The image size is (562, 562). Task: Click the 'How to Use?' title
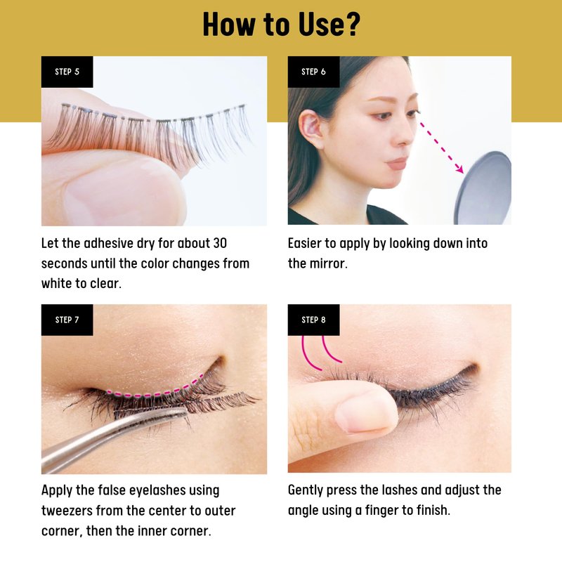click(x=282, y=25)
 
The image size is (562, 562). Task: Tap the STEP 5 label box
click(x=67, y=72)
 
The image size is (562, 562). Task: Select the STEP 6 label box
click(x=313, y=72)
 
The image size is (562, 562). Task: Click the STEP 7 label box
click(x=67, y=320)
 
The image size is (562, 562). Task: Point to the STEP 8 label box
click(x=313, y=320)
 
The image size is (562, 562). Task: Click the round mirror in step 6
click(x=484, y=188)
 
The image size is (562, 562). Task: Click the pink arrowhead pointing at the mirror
click(x=459, y=169)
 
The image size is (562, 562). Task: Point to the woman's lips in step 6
click(x=397, y=164)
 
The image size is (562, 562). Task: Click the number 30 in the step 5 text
click(x=220, y=243)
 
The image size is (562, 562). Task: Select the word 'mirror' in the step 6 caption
click(x=328, y=263)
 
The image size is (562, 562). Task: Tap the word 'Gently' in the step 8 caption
click(x=306, y=490)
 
